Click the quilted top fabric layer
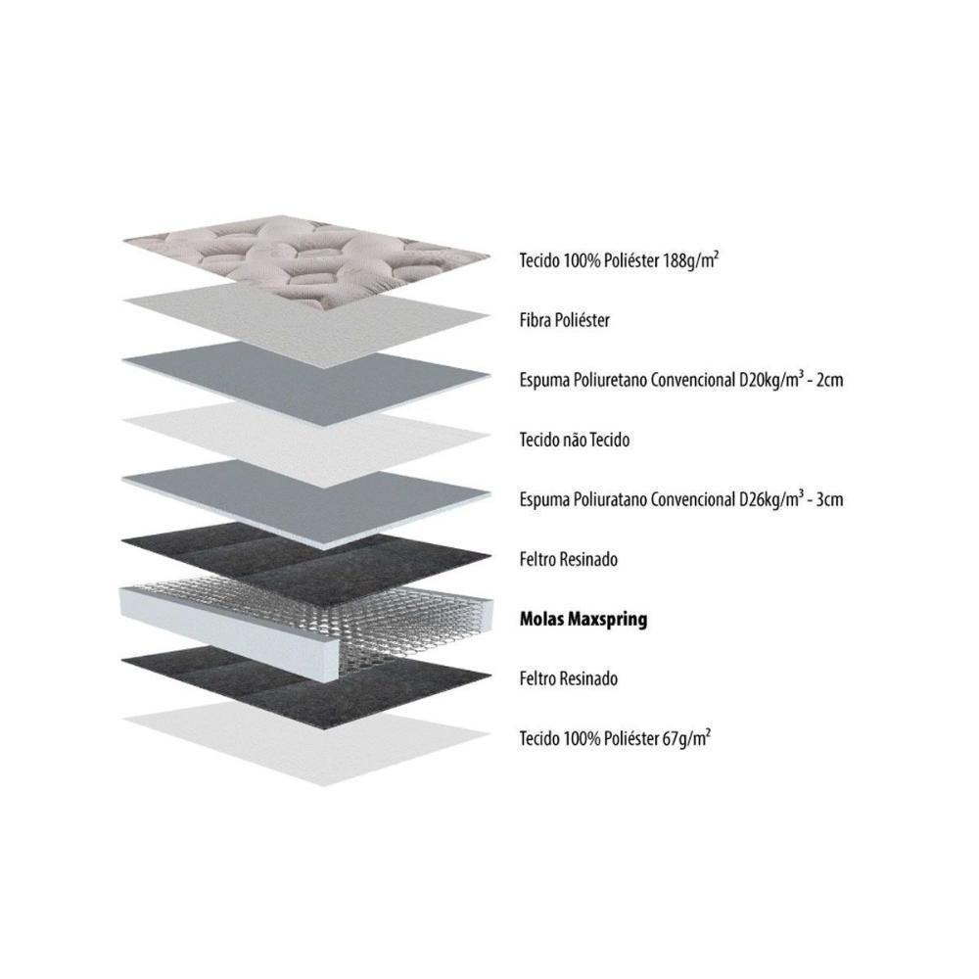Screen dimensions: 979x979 [305, 261]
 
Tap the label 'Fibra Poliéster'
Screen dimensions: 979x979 [565, 320]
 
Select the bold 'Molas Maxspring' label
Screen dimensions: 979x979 [583, 620]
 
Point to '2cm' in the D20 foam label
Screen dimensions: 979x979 [829, 380]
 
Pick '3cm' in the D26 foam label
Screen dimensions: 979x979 [829, 499]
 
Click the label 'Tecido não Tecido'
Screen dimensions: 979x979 [575, 440]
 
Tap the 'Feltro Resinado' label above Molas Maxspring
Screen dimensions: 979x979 [568, 559]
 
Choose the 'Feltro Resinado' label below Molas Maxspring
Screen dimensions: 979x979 [568, 678]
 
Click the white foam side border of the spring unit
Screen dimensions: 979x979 [231, 630]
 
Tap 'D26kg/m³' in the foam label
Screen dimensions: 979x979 [768, 499]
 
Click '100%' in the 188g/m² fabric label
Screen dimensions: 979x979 [583, 260]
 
